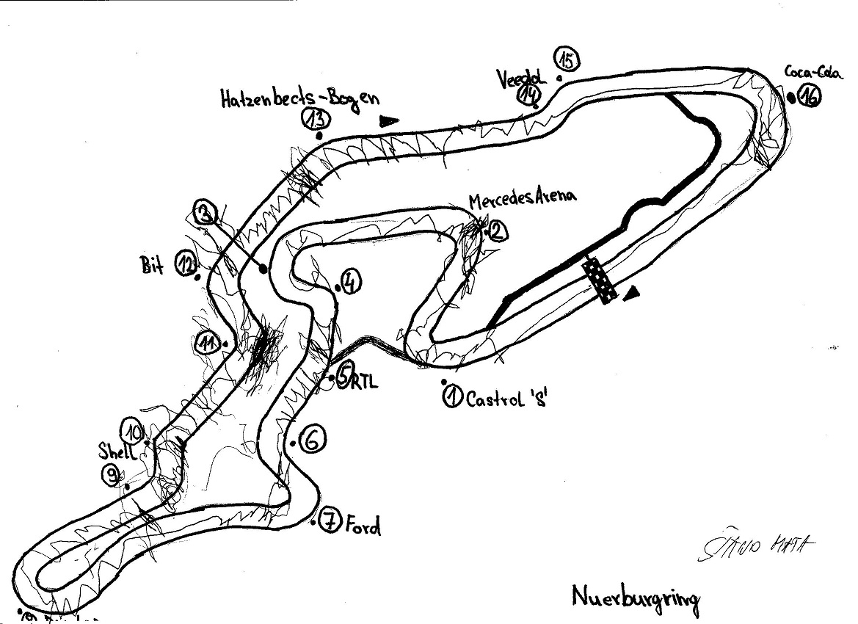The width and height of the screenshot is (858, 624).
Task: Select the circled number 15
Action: pyautogui.click(x=568, y=59)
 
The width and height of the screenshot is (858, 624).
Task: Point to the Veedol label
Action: pyautogui.click(x=522, y=77)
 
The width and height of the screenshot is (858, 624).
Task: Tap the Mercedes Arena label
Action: pyautogui.click(x=523, y=197)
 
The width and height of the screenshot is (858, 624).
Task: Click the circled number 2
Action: pyautogui.click(x=496, y=232)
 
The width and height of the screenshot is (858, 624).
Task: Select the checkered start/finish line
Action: pyautogui.click(x=599, y=280)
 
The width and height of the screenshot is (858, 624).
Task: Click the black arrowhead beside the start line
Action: pyautogui.click(x=630, y=294)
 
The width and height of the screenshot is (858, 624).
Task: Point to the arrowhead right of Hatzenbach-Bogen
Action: pyautogui.click(x=390, y=120)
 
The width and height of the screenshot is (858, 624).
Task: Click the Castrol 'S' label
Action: pyautogui.click(x=506, y=401)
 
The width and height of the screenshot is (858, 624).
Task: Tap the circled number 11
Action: pyautogui.click(x=208, y=342)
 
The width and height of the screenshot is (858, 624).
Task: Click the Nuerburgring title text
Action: pyautogui.click(x=636, y=598)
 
